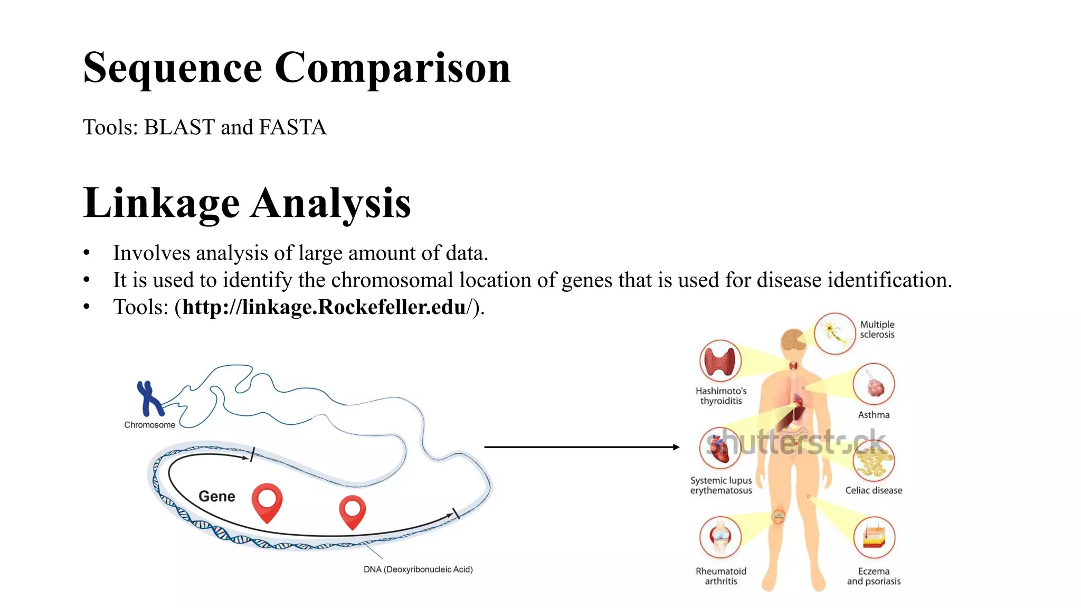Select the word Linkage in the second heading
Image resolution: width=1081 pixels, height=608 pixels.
(x=162, y=203)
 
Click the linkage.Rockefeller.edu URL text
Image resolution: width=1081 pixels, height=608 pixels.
(x=325, y=307)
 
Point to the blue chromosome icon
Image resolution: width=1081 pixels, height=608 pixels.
(x=149, y=399)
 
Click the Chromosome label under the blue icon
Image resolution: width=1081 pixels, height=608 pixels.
(x=149, y=425)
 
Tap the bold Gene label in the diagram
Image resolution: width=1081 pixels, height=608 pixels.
(x=216, y=496)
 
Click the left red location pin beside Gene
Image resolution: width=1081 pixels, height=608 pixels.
(x=267, y=502)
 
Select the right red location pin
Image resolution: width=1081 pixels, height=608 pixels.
(x=353, y=511)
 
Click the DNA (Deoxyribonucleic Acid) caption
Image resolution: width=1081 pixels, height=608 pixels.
(x=418, y=569)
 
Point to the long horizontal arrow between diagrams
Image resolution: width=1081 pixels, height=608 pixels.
(x=581, y=447)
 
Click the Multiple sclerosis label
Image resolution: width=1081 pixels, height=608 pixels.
(x=877, y=329)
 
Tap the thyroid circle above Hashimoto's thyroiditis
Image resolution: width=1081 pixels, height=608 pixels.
(x=720, y=361)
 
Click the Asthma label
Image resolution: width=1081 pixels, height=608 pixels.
(x=874, y=415)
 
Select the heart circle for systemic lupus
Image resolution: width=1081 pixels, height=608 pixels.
(x=720, y=448)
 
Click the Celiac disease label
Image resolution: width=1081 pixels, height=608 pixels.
(x=874, y=490)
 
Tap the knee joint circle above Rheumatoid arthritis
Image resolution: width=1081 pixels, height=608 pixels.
(x=720, y=537)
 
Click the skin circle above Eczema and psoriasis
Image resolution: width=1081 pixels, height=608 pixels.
(x=874, y=537)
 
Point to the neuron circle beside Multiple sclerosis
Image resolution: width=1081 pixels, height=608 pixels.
(x=835, y=334)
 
